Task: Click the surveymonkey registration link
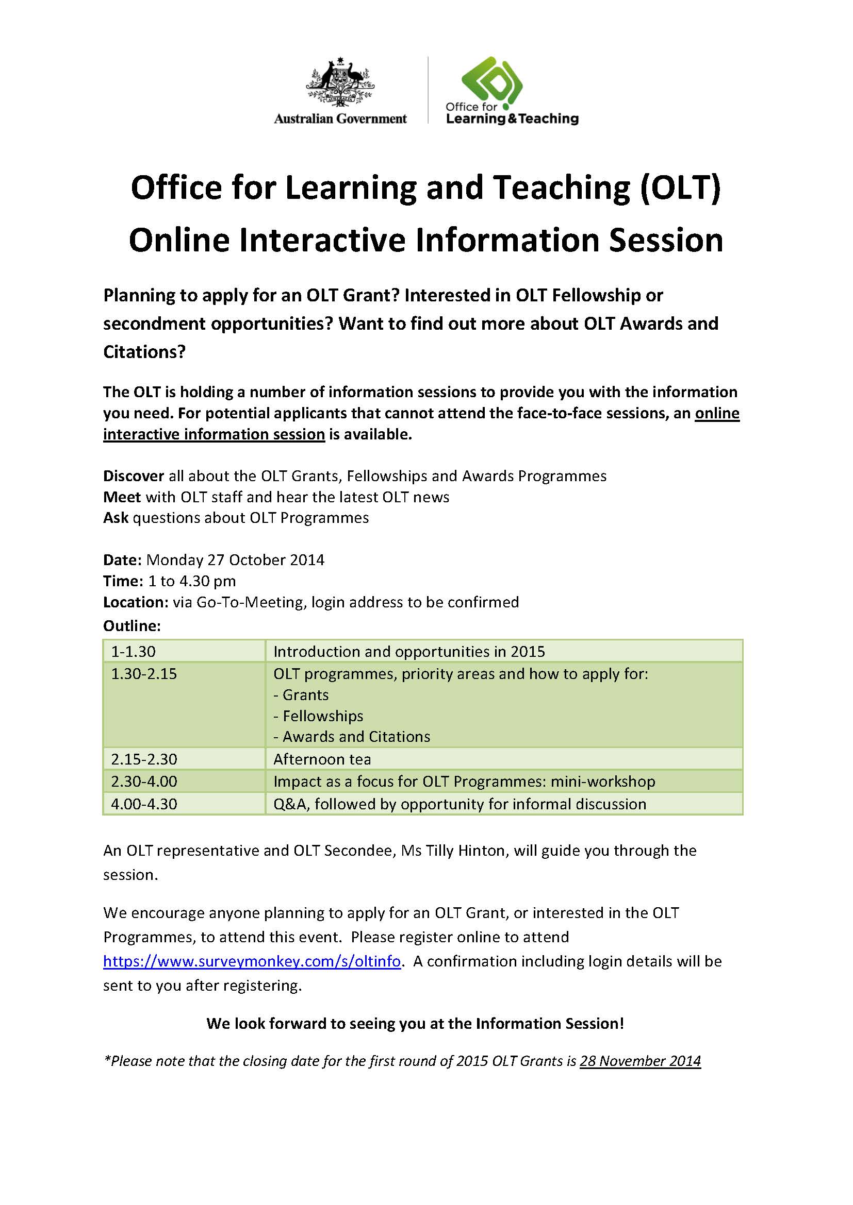click(x=252, y=961)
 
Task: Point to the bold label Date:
click(x=122, y=559)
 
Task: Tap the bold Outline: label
click(x=132, y=625)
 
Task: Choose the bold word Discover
click(x=134, y=476)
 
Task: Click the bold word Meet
click(x=122, y=497)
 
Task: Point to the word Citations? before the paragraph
click(x=144, y=351)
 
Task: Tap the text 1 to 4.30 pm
click(x=192, y=581)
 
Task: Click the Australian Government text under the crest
click(x=340, y=118)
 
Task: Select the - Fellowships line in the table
click(x=318, y=716)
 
